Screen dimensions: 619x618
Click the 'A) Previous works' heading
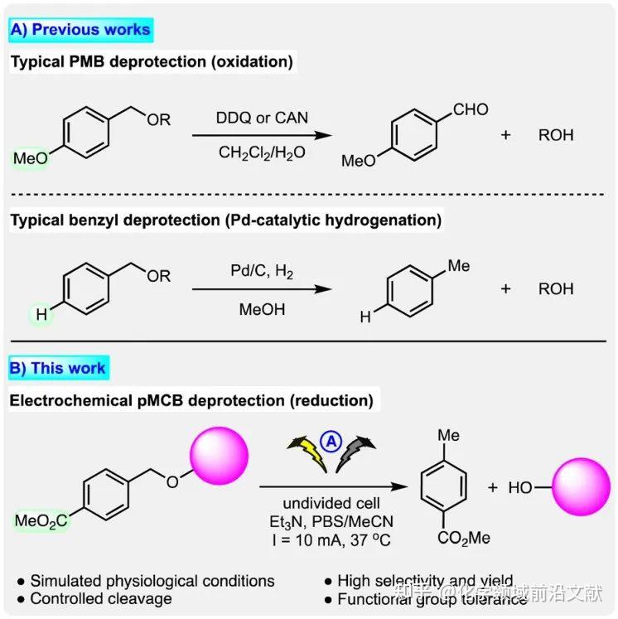(80, 31)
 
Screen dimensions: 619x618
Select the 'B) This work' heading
(58, 368)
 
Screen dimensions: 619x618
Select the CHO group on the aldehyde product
(470, 109)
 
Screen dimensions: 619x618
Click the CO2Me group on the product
(464, 538)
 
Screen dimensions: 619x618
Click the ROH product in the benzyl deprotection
(556, 289)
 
